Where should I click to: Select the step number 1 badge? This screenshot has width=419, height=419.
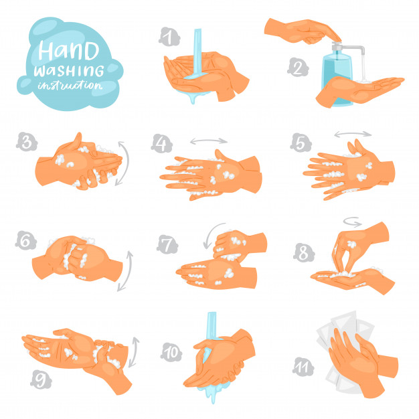point(169,35)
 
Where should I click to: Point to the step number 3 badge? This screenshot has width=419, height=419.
point(26,141)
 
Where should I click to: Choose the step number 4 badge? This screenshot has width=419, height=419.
point(161,144)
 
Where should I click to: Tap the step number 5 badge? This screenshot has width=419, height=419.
point(299,143)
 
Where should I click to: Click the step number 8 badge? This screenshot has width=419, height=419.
point(303,252)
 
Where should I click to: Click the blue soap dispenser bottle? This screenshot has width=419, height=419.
point(338,74)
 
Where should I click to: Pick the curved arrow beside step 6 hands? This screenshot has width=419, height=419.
point(124,270)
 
